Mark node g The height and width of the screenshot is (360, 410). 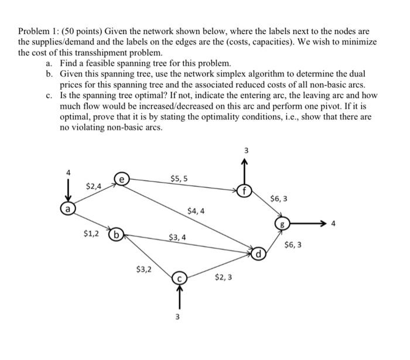283,224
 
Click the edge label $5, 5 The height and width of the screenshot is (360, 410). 179,178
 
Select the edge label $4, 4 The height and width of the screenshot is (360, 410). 196,211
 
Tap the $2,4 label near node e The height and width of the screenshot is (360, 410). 93,186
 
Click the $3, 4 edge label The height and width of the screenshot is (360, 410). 177,238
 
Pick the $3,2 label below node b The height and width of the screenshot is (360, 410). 143,270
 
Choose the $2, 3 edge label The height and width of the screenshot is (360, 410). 223,277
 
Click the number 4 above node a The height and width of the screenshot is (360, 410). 68,173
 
